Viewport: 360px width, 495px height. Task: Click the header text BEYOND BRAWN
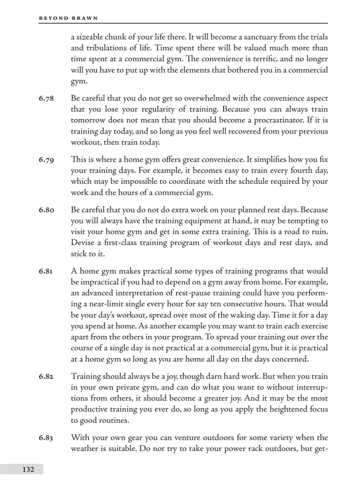coord(68,18)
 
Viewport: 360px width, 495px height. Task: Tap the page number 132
coord(28,469)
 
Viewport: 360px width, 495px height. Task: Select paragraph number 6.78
coord(46,99)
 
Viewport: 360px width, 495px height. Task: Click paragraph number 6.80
coord(46,210)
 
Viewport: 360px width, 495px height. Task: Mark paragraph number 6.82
coord(46,377)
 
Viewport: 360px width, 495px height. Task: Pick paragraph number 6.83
coord(46,438)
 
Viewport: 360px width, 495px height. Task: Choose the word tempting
coord(308,221)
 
